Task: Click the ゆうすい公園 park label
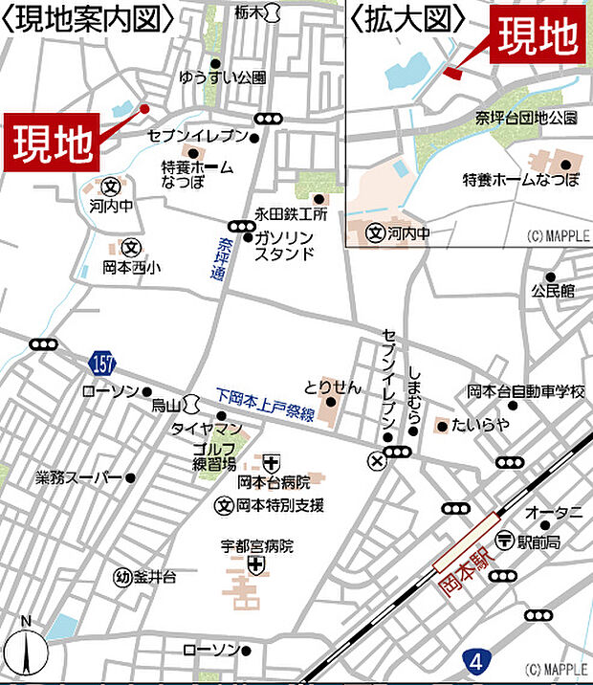click(x=222, y=77)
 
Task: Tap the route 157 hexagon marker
click(x=105, y=363)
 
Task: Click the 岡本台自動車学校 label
click(x=525, y=390)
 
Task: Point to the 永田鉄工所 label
click(x=290, y=214)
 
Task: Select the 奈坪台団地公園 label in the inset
click(x=527, y=118)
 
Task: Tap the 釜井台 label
click(x=154, y=577)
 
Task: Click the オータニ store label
click(x=554, y=513)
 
